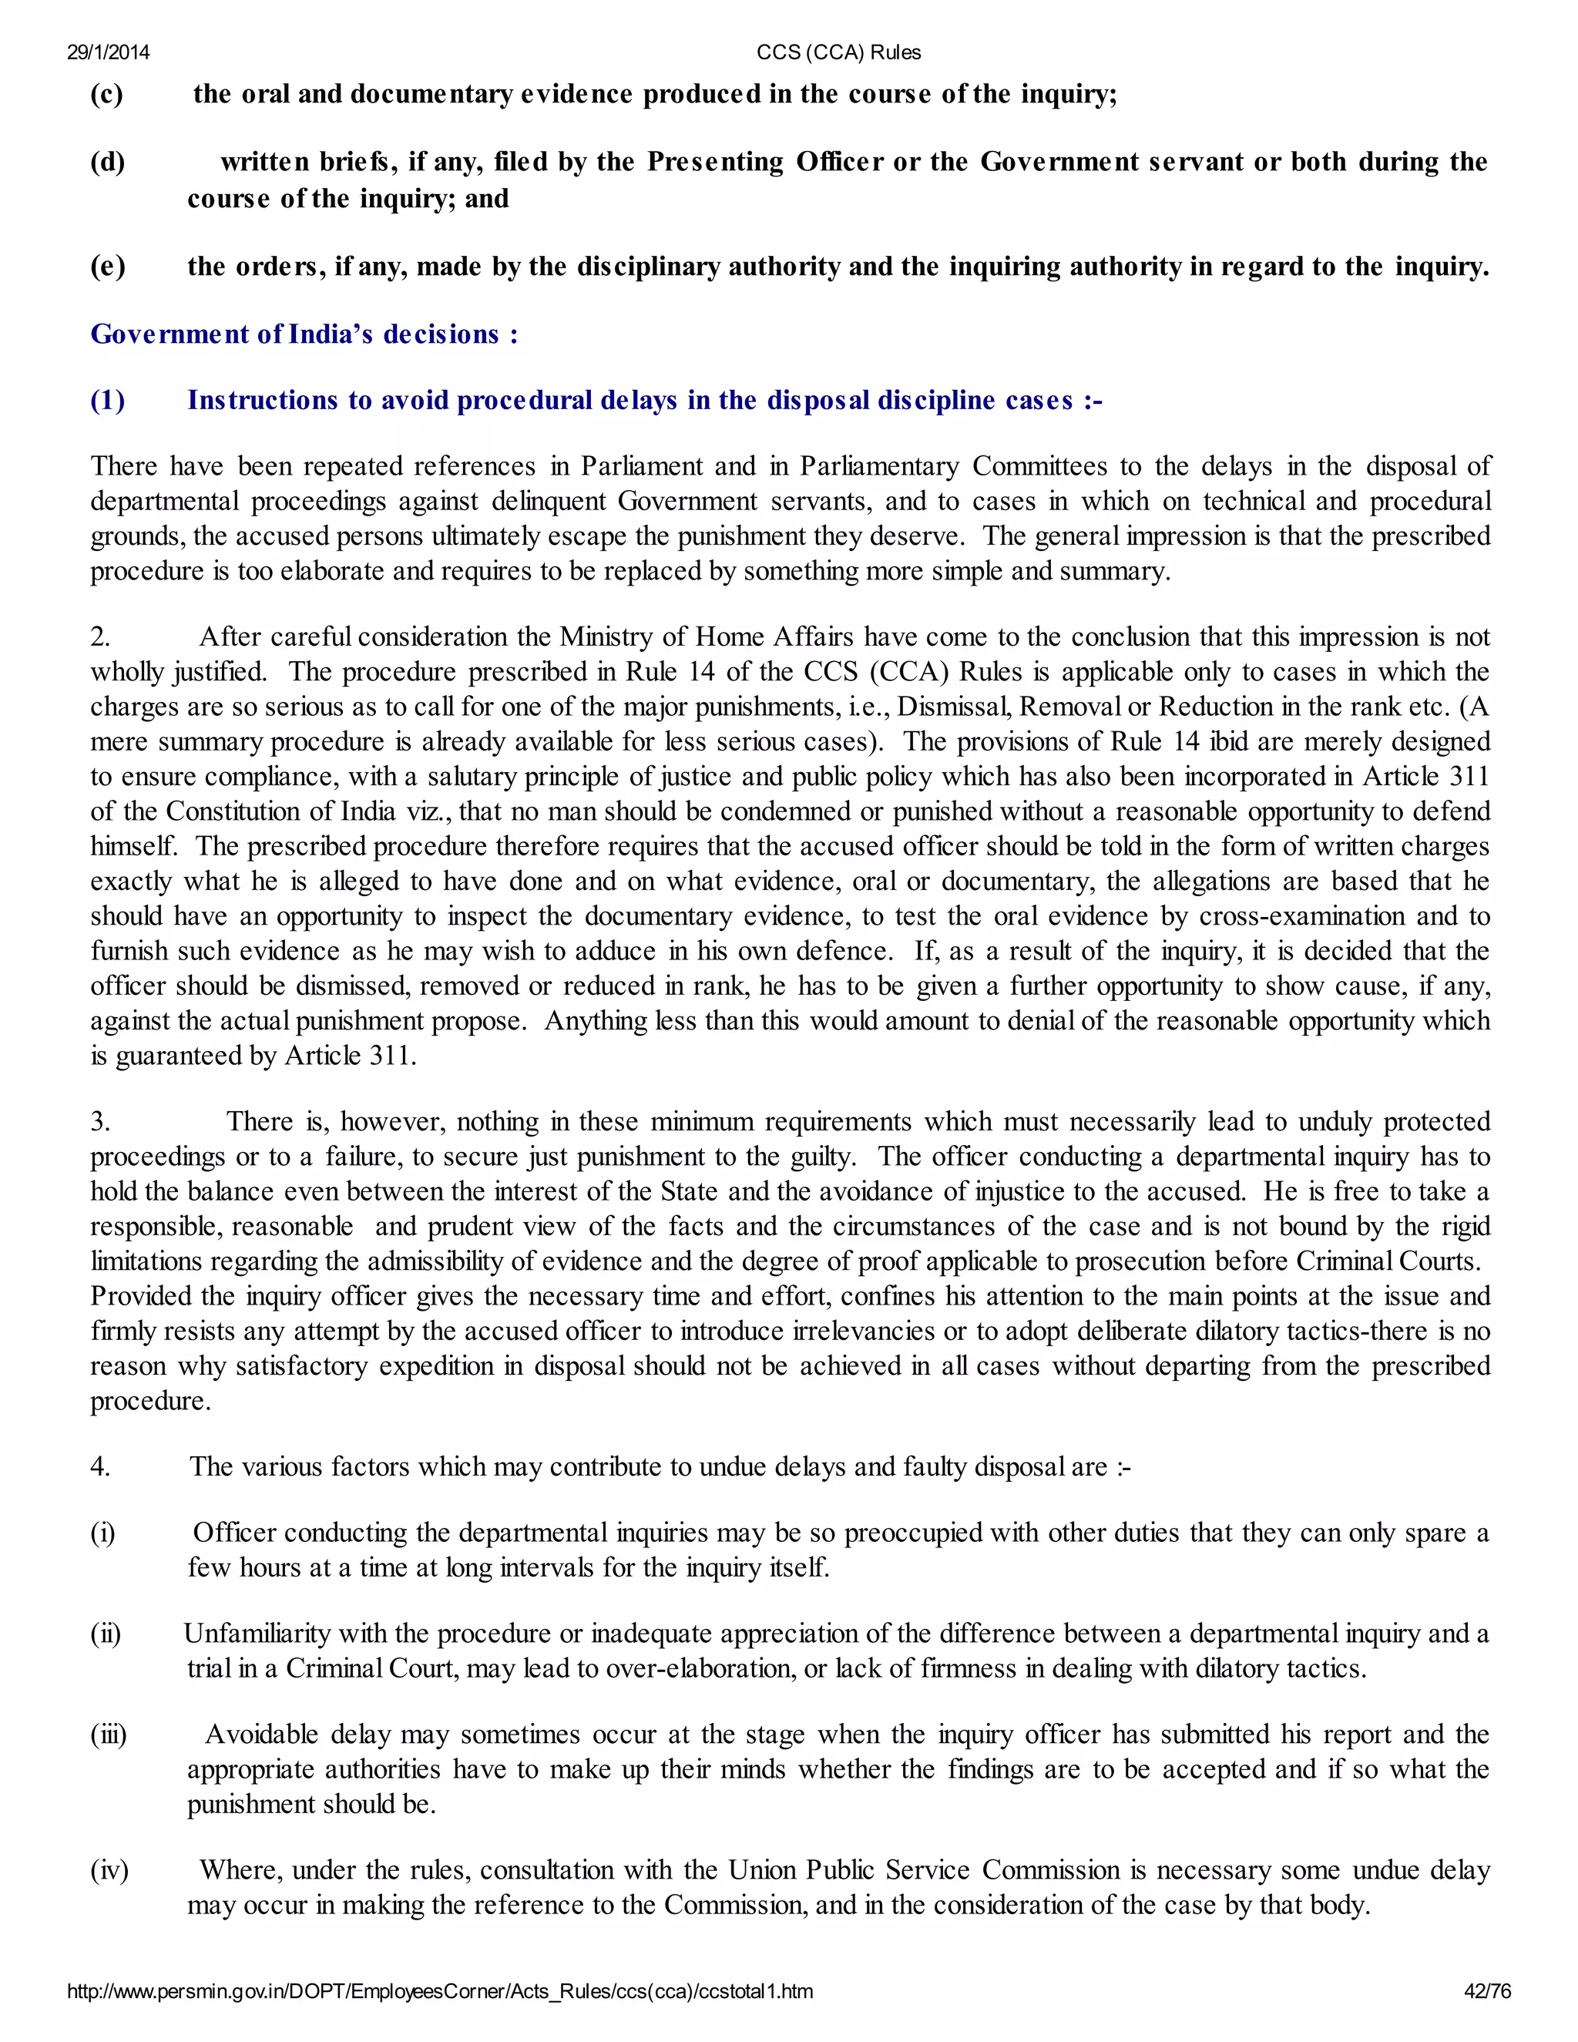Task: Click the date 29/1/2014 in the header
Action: point(108,52)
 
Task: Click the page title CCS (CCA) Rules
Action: point(838,52)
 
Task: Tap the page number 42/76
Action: point(1486,1991)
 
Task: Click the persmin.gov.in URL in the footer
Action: point(439,1991)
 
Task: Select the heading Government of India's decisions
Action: point(304,334)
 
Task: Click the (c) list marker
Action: point(106,95)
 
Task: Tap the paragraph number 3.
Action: point(100,1122)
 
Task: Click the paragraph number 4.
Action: point(100,1467)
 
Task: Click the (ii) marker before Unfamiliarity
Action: point(106,1634)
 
